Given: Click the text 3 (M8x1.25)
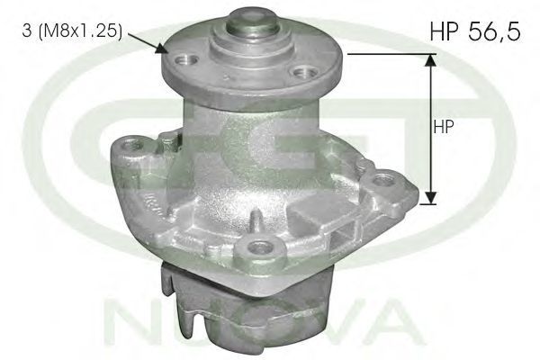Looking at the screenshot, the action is [x=72, y=31].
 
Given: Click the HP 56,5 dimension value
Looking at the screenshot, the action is [x=475, y=31].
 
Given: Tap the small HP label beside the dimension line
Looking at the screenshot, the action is [x=444, y=127].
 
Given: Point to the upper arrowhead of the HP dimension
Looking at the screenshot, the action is [x=430, y=59].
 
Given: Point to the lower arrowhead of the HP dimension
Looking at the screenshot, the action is [x=430, y=198].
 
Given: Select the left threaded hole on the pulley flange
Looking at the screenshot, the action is [x=187, y=61].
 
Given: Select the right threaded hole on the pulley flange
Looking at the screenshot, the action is [x=303, y=73].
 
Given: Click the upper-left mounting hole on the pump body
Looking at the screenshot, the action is [x=130, y=145].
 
